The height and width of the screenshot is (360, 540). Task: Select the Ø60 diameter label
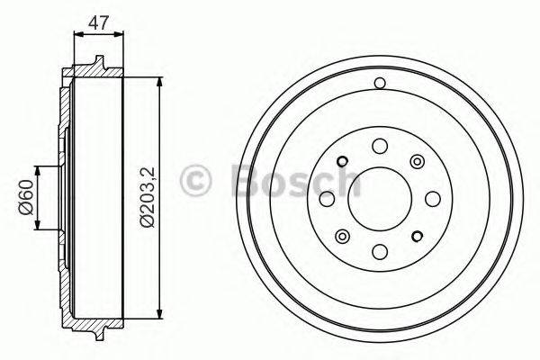click(x=25, y=197)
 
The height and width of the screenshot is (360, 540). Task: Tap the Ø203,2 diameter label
click(x=146, y=194)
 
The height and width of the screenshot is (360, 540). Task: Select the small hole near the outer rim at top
click(x=379, y=85)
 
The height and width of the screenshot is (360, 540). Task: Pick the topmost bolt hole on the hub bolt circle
click(x=379, y=146)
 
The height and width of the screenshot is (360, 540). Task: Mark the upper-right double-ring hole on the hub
click(x=417, y=161)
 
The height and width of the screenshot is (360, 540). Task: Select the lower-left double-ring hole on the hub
click(x=342, y=236)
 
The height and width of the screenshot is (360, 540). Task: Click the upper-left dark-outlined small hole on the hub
click(x=342, y=162)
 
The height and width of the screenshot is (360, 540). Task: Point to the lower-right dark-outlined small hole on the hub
click(x=417, y=236)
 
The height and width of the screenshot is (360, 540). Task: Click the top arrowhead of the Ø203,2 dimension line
click(x=158, y=83)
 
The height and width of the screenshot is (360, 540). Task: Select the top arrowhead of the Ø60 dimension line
click(x=38, y=170)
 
